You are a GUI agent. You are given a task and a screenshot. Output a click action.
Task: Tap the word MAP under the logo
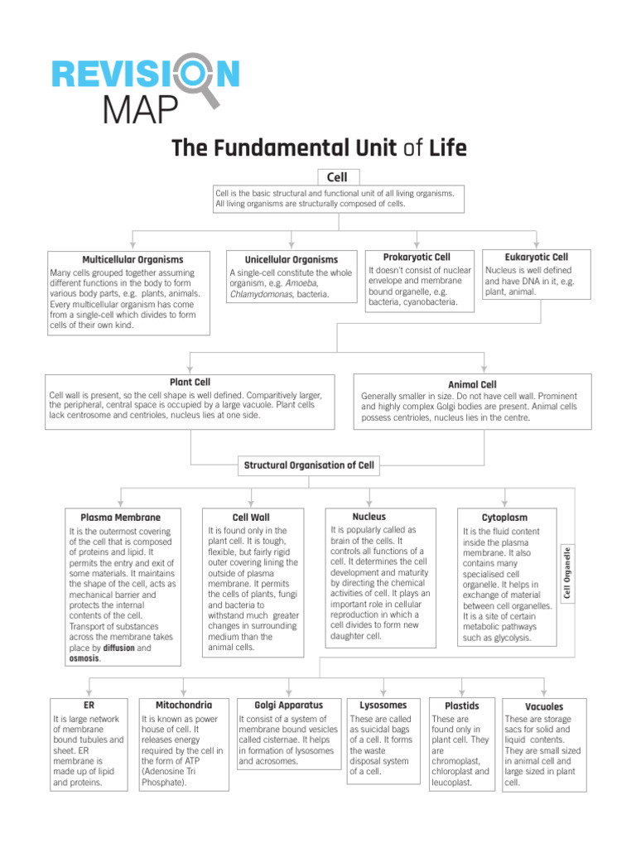[139, 108]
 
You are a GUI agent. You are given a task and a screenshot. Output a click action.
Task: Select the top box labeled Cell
[337, 176]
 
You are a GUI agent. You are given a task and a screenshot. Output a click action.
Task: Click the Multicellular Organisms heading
[132, 259]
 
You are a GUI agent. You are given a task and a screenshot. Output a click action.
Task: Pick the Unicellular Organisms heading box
[291, 259]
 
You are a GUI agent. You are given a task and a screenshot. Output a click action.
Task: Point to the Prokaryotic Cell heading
[417, 258]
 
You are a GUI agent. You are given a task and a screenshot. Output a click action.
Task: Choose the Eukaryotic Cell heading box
[536, 258]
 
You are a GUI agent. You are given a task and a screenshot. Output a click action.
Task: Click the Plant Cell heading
[190, 382]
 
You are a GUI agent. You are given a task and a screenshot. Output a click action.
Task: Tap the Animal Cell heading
[472, 384]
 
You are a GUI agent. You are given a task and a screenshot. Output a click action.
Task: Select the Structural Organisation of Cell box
[309, 465]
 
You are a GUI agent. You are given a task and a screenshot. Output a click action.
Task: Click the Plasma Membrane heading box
[121, 518]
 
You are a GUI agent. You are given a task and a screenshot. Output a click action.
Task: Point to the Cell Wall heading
[250, 517]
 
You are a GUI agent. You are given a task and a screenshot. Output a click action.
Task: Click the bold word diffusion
[118, 648]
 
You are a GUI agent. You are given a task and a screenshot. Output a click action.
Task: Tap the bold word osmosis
[84, 659]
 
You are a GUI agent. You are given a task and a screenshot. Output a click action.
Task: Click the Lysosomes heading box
[383, 705]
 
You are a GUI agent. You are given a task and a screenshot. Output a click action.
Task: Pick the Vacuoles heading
[544, 706]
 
